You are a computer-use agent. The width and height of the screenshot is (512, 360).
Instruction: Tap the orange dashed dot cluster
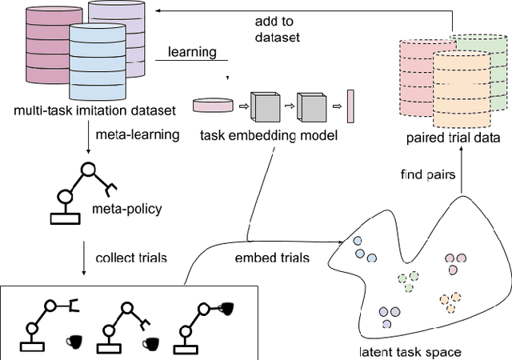pyautogui.click(x=450, y=302)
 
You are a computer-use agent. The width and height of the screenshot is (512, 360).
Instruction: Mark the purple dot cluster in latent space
pyautogui.click(x=387, y=316)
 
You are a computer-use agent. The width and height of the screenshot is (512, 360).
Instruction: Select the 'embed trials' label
pyautogui.click(x=261, y=258)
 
